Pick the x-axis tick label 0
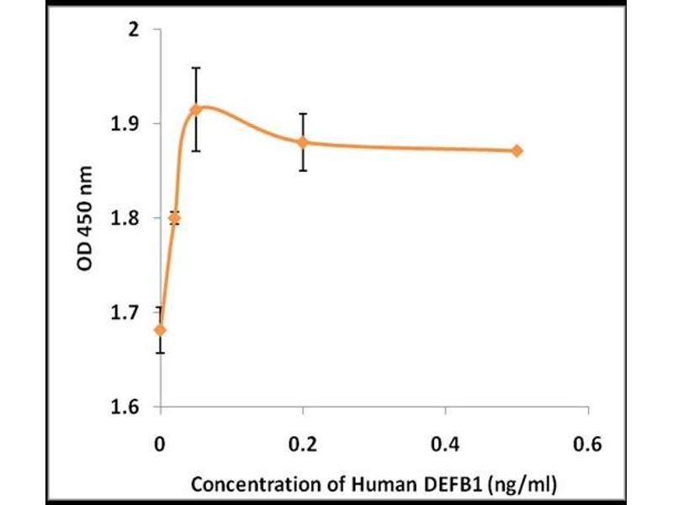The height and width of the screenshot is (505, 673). [161, 444]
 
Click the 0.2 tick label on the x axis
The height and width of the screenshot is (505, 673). [303, 444]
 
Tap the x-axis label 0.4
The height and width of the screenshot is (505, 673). [445, 444]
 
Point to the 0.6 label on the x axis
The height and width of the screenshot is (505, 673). [588, 444]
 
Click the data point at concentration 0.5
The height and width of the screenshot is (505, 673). [517, 151]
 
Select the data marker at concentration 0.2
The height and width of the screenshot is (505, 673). [303, 142]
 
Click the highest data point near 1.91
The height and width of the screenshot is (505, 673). [196, 109]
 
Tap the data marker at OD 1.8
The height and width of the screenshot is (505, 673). [174, 218]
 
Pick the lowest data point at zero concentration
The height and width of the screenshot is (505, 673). [161, 329]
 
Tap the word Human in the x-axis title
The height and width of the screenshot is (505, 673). [393, 486]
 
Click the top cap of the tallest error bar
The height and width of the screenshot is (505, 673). [196, 67]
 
